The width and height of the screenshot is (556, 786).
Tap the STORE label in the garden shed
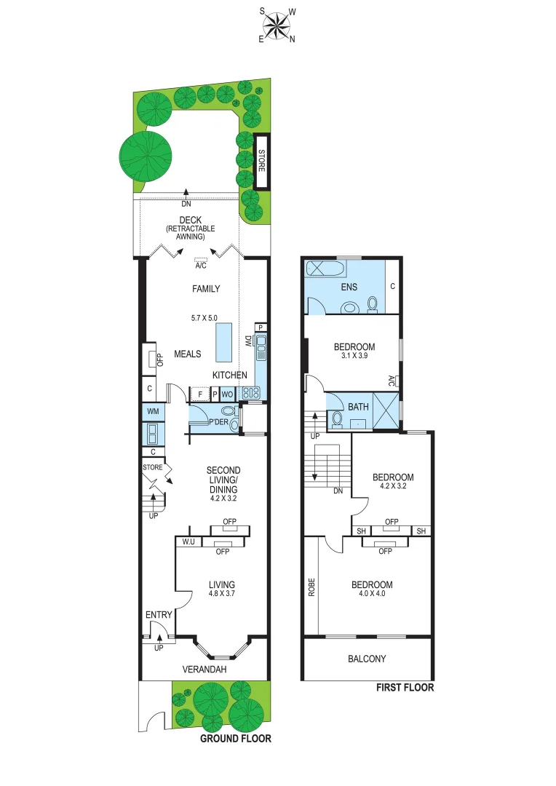[x=261, y=161]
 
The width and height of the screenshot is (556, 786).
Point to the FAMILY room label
[x=206, y=289]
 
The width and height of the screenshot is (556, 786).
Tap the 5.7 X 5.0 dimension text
[x=204, y=318]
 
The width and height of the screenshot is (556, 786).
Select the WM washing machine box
[x=153, y=412]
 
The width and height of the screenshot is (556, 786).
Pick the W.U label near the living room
[x=188, y=541]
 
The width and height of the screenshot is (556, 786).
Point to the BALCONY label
[x=367, y=659]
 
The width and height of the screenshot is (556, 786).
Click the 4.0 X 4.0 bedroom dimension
[x=372, y=595]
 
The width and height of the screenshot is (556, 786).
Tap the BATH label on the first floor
[x=359, y=406]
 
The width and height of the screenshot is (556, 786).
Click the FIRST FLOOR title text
[x=405, y=687]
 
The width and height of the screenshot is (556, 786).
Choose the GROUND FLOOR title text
[x=236, y=738]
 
